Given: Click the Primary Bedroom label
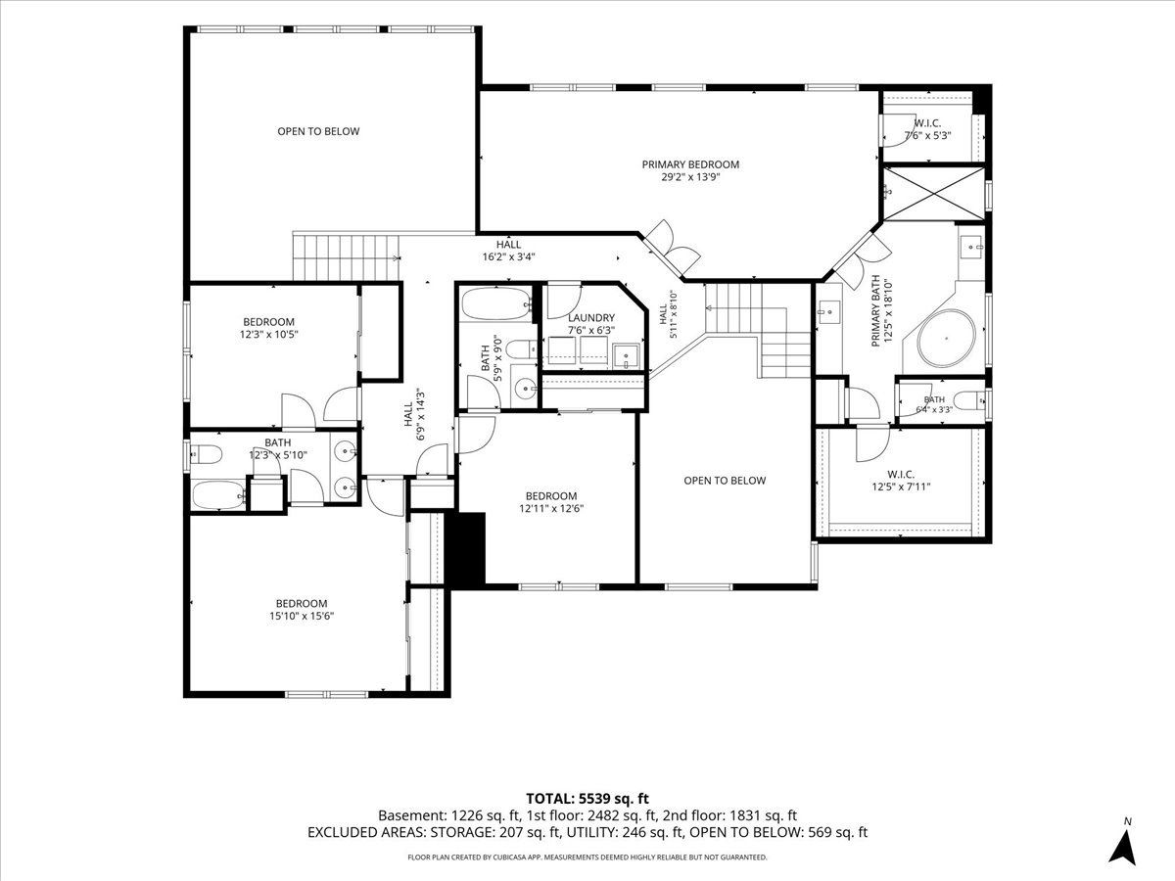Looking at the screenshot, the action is tap(690, 170).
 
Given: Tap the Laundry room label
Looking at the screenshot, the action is tap(591, 324).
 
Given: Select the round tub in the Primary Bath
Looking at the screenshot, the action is tap(947, 339).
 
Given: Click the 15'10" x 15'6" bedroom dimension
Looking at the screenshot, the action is tap(302, 616).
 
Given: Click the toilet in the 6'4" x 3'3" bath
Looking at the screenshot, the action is tap(970, 400).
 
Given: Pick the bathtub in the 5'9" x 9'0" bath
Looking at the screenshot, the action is tap(495, 304).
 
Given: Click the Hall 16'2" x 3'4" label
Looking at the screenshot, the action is tap(508, 251).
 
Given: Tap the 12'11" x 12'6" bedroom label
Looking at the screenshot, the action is tap(551, 502).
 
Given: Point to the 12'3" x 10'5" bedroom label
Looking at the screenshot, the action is tap(268, 328).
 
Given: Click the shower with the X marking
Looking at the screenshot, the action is tap(933, 193).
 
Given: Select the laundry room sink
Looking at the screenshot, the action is tap(626, 356).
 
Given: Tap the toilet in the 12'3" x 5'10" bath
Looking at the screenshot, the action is tap(206, 454).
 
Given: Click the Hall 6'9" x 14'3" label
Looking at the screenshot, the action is tap(414, 422).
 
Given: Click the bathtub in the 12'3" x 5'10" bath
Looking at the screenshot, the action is tap(218, 495).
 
